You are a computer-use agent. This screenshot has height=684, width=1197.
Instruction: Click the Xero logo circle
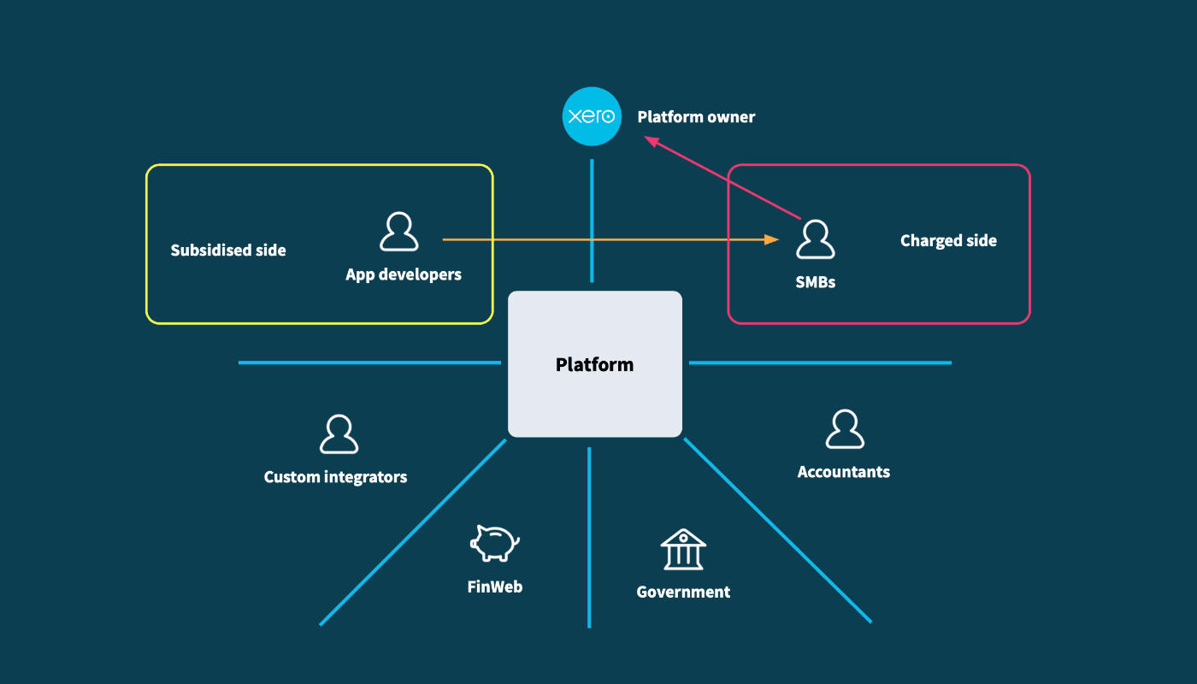coord(591,116)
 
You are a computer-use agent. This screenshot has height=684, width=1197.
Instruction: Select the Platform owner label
coord(696,117)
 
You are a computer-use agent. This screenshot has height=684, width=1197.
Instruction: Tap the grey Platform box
coord(595,364)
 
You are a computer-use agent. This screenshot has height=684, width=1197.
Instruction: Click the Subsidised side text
coord(228,251)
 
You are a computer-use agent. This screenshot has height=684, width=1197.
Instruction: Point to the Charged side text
coord(948,241)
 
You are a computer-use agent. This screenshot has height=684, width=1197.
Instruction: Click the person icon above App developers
coord(398,233)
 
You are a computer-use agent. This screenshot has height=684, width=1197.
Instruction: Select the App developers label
coord(404,274)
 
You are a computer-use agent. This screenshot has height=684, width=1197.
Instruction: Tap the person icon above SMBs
coord(815,239)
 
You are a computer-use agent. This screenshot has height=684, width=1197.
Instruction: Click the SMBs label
coord(815,281)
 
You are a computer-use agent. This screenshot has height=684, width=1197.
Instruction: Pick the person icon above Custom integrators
coord(339,434)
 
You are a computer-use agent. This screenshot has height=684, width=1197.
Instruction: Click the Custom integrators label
coord(335,477)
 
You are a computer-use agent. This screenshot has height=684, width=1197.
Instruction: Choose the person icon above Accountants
coord(845,429)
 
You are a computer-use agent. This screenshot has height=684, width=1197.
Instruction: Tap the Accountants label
coord(843,472)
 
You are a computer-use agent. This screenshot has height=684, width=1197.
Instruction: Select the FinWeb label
coord(494,587)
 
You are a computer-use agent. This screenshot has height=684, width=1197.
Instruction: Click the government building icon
coord(683,549)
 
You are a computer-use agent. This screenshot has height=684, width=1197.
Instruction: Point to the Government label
coord(683,592)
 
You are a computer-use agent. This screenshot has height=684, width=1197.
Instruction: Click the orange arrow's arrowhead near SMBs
coord(772,240)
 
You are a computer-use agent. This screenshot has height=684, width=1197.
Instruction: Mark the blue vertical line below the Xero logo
coord(591,221)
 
